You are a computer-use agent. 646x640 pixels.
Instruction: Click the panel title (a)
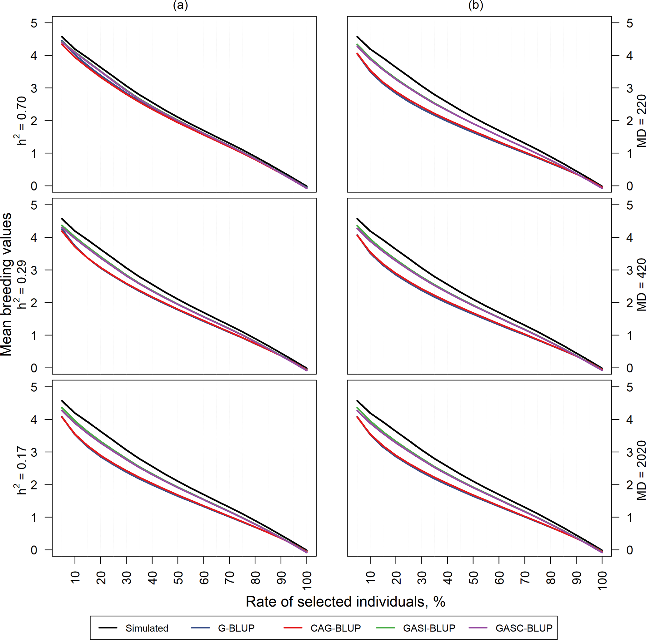click(x=181, y=5)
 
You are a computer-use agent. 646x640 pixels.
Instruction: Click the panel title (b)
click(x=475, y=5)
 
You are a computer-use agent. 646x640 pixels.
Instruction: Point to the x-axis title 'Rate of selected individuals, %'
click(x=345, y=602)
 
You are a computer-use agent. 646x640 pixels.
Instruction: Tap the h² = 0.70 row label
click(x=22, y=120)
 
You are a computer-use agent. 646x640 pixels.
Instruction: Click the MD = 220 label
click(x=641, y=121)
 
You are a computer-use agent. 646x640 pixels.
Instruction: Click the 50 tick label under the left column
click(x=178, y=578)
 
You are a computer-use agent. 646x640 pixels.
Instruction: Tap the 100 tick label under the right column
click(x=602, y=581)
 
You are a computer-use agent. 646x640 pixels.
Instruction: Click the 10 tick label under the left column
click(x=75, y=578)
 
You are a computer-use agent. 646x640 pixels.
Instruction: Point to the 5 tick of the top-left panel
click(x=34, y=23)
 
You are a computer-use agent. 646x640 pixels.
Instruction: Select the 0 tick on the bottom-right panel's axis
click(x=630, y=550)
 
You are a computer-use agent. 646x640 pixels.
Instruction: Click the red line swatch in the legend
click(x=293, y=628)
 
